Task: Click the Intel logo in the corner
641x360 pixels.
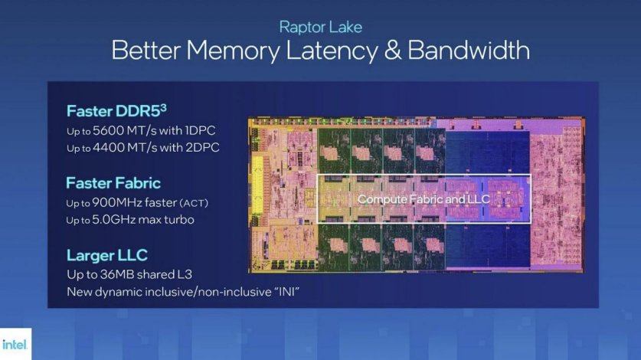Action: point(15,345)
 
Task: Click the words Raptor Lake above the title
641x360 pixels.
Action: point(320,28)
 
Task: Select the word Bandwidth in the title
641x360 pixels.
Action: point(468,51)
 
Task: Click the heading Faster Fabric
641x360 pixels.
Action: point(113,183)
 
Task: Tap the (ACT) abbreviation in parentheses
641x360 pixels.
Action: point(195,203)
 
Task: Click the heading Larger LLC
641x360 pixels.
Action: point(106,255)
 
